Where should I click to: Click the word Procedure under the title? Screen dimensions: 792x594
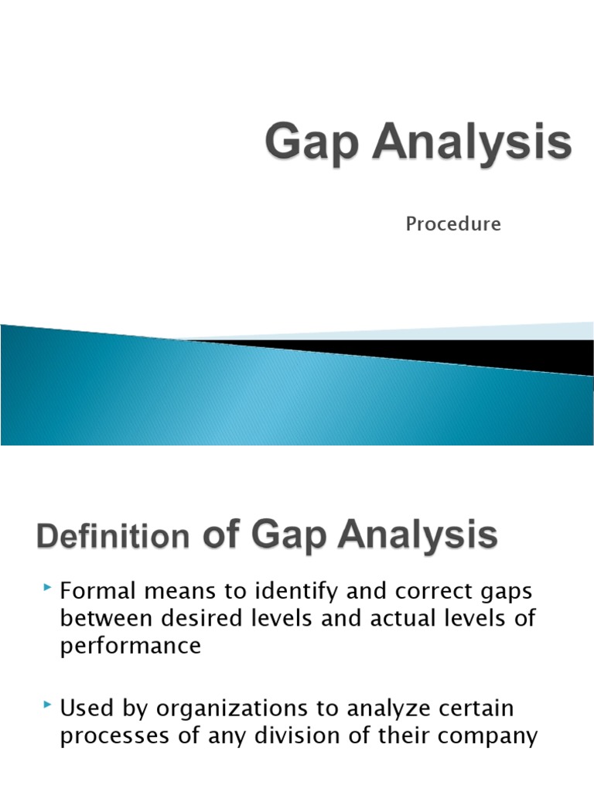point(453,224)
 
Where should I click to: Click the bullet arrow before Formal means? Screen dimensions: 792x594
point(49,590)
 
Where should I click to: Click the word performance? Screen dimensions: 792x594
point(130,646)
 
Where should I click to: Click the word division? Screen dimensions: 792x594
point(303,736)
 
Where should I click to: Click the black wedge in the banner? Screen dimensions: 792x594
point(464,352)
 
